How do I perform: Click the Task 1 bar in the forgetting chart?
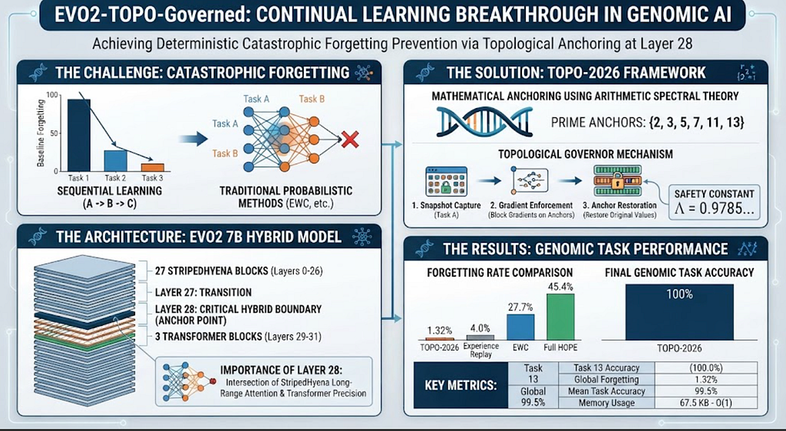[79, 135]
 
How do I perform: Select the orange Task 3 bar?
[152, 168]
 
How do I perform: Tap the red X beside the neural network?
[349, 139]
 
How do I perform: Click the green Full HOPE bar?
[560, 317]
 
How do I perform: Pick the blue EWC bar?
[520, 327]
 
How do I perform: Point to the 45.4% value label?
[560, 287]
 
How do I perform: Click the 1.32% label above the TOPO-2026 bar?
[440, 331]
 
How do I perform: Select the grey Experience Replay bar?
[481, 338]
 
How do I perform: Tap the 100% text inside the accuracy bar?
[679, 294]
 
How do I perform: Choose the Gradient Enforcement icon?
[530, 181]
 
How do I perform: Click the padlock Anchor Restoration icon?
[618, 181]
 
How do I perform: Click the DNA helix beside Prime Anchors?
[484, 122]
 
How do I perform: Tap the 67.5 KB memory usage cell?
[706, 403]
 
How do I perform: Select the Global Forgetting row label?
[606, 380]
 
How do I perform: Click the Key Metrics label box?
[461, 386]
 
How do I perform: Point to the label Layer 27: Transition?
[203, 292]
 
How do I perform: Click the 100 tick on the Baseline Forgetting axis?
[52, 95]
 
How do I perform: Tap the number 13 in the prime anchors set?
[733, 122]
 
